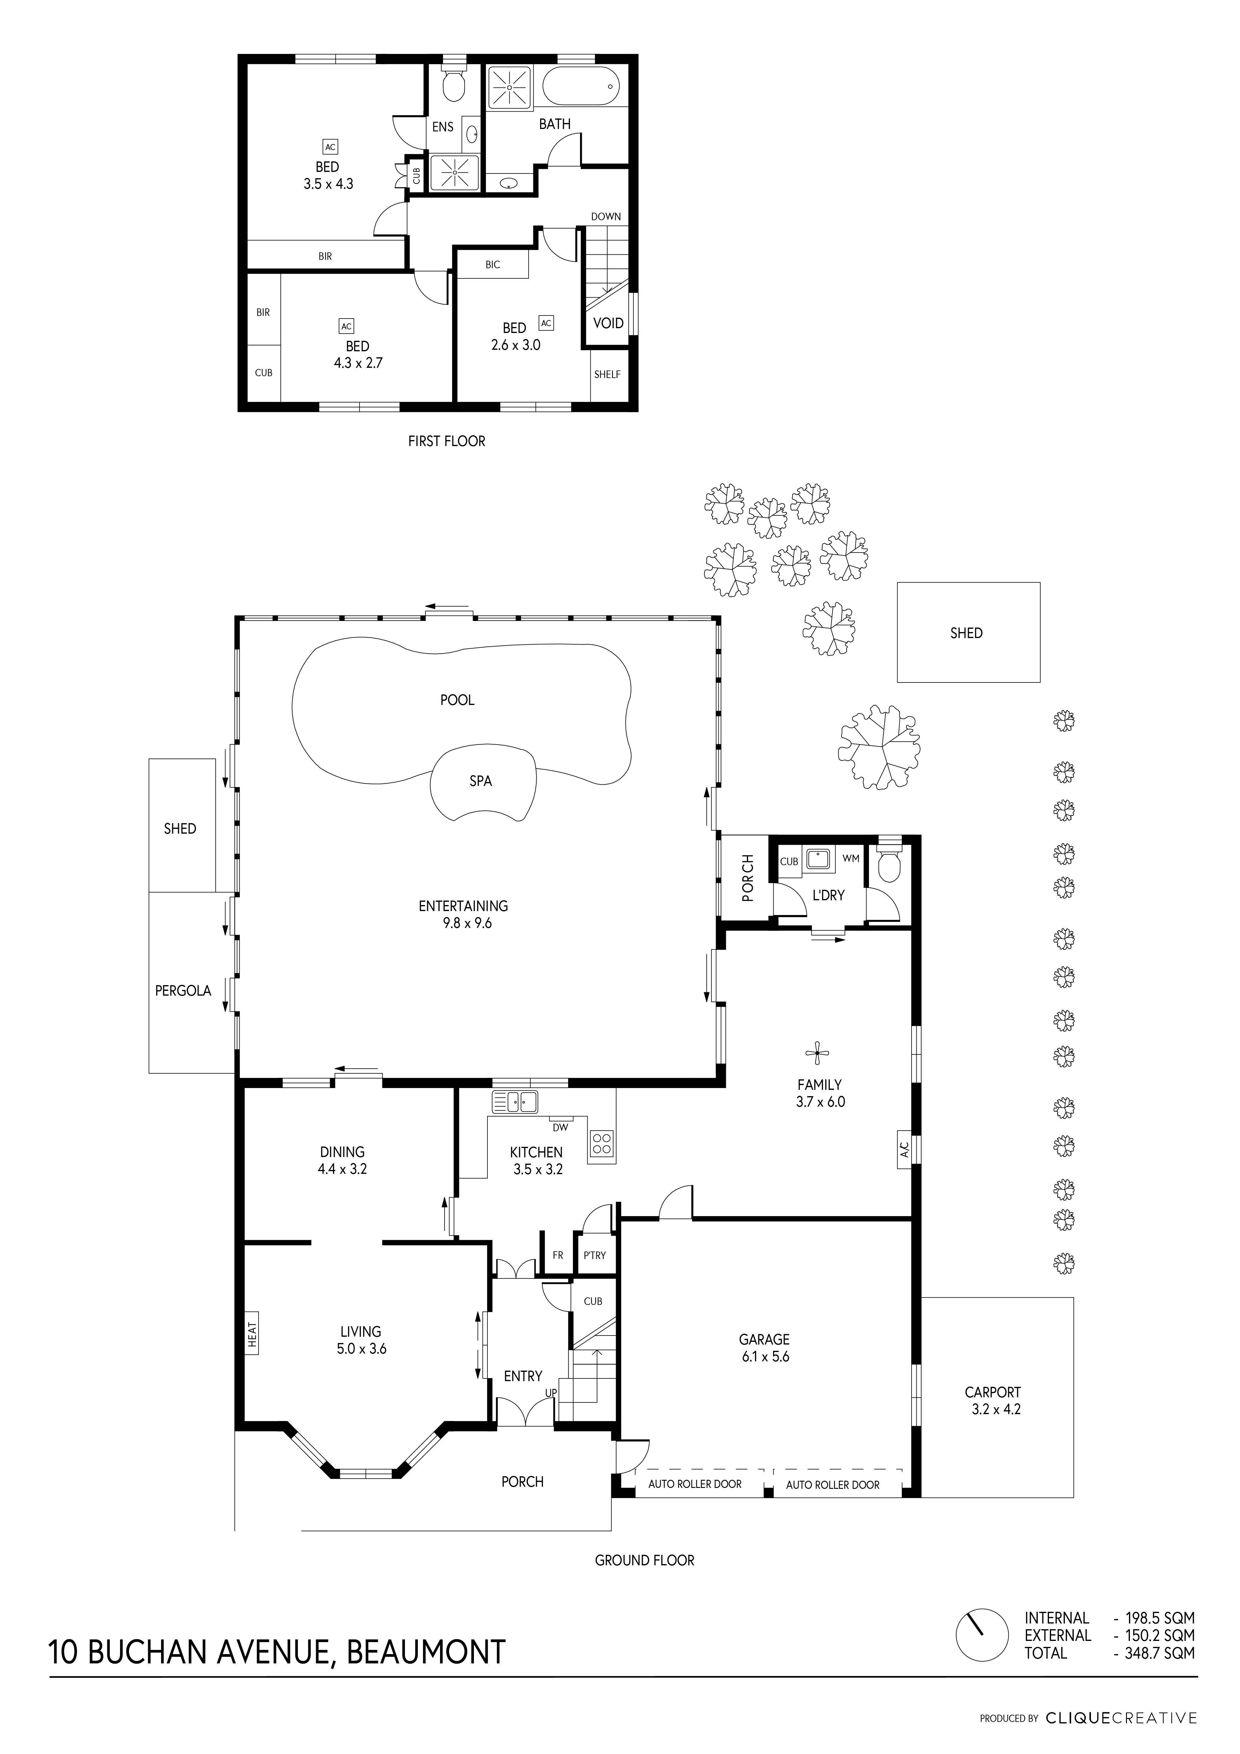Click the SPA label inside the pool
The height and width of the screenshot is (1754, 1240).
[x=481, y=781]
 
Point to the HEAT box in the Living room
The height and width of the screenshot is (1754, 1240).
[x=251, y=1333]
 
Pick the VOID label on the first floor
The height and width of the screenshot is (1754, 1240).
[x=608, y=323]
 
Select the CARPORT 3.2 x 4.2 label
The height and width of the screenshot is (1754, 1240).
[x=993, y=1400]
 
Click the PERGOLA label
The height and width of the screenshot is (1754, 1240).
[x=183, y=991]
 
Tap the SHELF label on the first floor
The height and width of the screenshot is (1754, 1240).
[x=607, y=374]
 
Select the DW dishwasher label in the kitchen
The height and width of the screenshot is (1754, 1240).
[x=560, y=1128]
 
